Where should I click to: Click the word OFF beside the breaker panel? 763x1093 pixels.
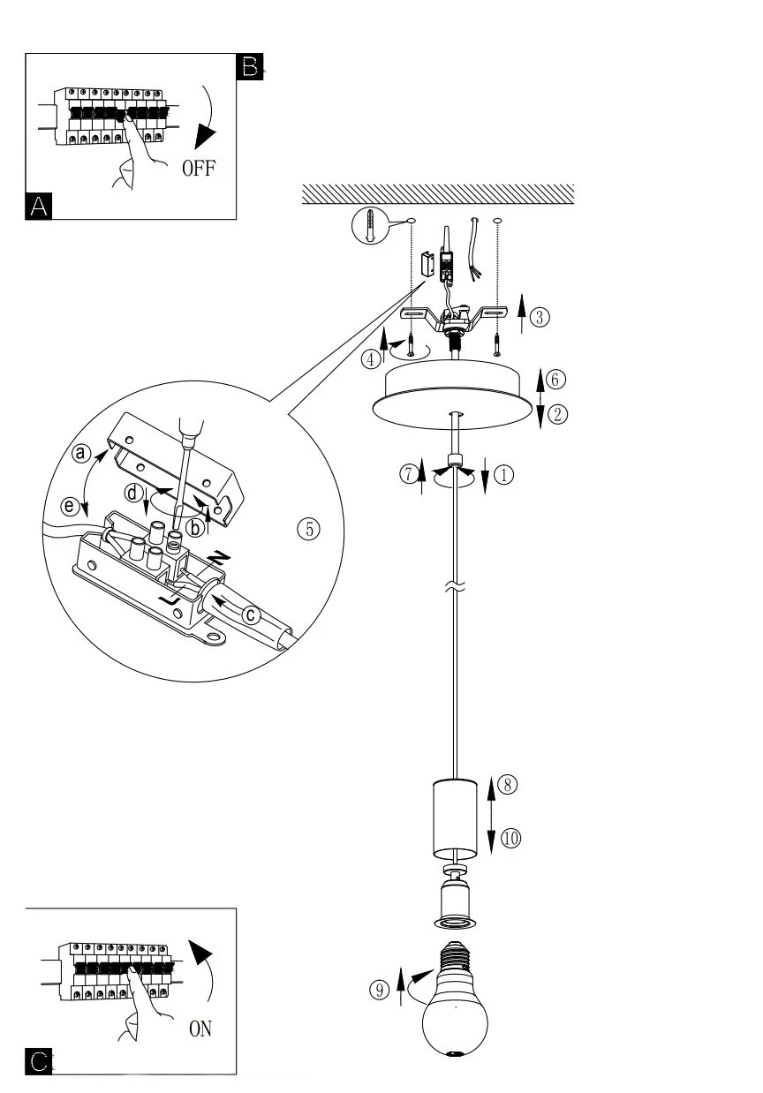(x=199, y=169)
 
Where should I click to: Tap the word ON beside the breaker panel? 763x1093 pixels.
(x=200, y=1029)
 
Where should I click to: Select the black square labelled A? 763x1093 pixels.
(x=39, y=206)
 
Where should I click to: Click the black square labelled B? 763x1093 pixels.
(x=249, y=66)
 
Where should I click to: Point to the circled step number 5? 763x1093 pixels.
(x=309, y=529)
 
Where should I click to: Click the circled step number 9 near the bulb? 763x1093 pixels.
(x=380, y=990)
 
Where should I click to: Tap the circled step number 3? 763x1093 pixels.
(x=539, y=317)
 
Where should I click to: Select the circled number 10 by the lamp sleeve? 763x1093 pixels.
(x=510, y=839)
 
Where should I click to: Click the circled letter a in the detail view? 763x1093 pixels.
(x=81, y=453)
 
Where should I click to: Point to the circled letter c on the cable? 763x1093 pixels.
(x=251, y=614)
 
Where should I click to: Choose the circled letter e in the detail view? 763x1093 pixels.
(x=70, y=506)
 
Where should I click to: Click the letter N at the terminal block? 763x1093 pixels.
(x=219, y=558)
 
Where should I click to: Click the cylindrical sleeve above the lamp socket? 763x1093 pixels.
(x=455, y=819)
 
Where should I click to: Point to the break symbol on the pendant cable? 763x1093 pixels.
(x=455, y=587)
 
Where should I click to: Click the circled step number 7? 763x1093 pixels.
(x=409, y=474)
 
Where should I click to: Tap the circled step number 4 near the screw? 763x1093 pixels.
(x=371, y=359)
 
